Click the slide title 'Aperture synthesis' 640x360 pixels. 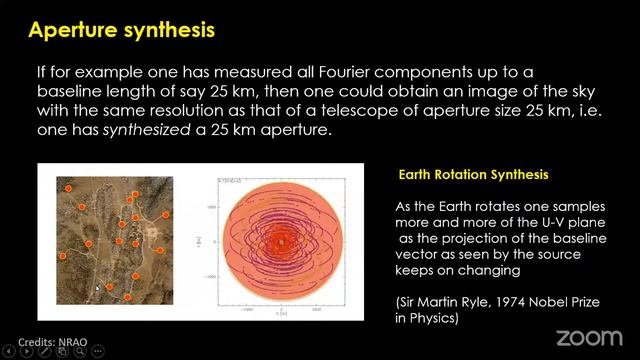click(x=121, y=29)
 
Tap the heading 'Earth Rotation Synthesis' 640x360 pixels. click(x=473, y=175)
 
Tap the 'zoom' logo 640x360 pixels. click(x=588, y=337)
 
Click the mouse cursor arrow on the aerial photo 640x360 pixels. click(x=97, y=288)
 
